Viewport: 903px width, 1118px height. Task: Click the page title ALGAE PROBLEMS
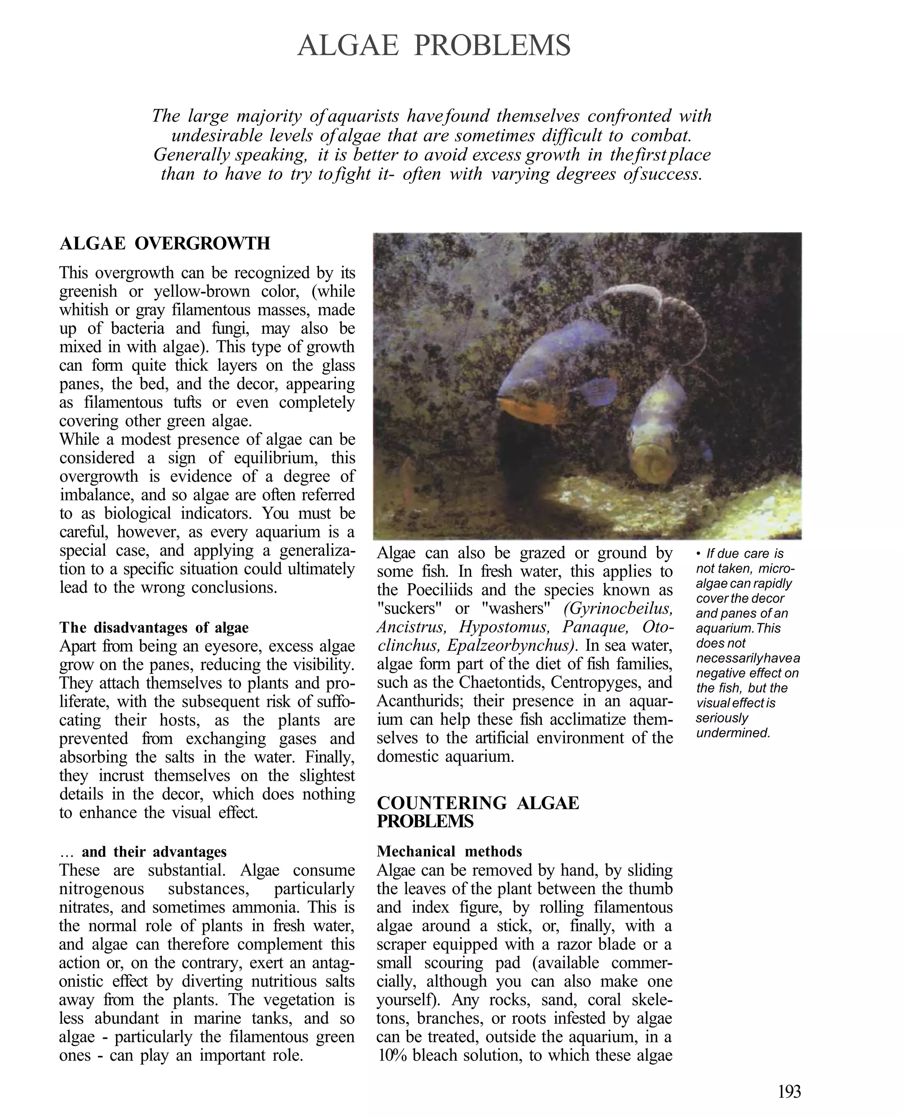point(434,46)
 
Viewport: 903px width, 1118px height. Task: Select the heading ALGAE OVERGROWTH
point(165,243)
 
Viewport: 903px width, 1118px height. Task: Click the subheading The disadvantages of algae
point(154,628)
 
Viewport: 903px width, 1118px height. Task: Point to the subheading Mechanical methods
point(449,851)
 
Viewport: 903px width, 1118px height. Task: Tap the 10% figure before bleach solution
point(393,1055)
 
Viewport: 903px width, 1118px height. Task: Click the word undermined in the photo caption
point(732,733)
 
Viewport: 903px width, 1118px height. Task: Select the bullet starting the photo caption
point(698,554)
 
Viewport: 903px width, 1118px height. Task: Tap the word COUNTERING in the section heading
point(441,803)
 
